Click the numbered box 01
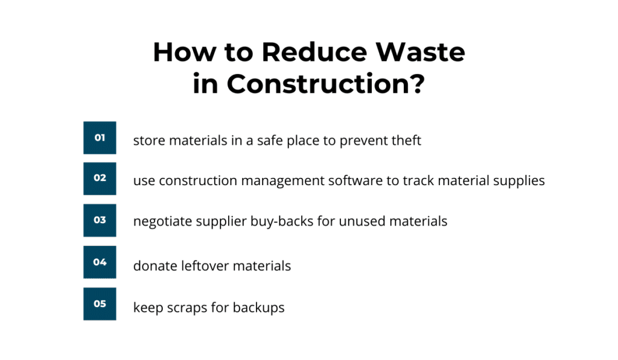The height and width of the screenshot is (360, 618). click(100, 137)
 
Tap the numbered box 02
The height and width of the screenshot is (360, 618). click(100, 178)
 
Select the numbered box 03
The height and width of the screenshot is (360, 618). click(100, 220)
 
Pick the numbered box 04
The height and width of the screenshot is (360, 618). click(100, 262)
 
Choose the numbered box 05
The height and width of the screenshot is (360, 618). click(100, 304)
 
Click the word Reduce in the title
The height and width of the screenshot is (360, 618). click(314, 52)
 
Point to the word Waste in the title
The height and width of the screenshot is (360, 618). click(420, 52)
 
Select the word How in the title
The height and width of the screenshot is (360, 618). click(185, 52)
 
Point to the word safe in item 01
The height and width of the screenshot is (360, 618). click(270, 141)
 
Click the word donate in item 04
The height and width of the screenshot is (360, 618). click(155, 266)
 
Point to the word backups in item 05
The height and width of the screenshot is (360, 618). click(258, 308)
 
